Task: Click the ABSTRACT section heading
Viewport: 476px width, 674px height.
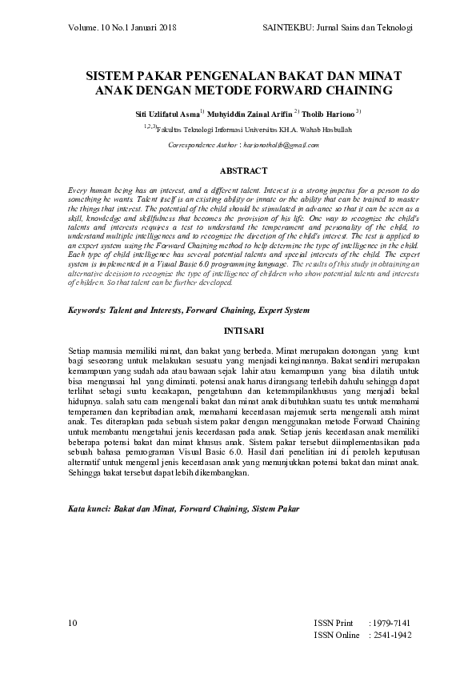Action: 238,171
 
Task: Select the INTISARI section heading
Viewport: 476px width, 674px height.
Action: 238,330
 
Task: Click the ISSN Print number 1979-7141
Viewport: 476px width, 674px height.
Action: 390,622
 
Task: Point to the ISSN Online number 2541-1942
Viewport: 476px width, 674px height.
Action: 390,635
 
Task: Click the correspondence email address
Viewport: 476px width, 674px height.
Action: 280,145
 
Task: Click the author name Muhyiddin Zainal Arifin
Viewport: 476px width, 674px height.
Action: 250,114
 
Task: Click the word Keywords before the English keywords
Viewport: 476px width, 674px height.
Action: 84,310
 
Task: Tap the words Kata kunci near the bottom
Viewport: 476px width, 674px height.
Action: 87,508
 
